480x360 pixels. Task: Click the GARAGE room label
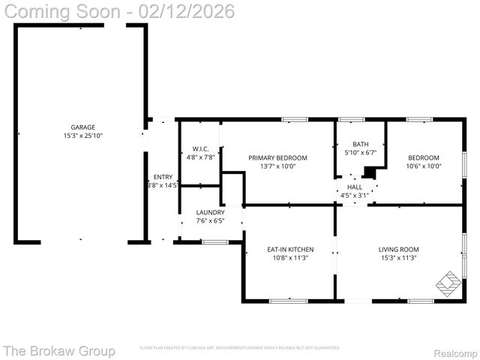coord(82,127)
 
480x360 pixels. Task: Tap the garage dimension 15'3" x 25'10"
coord(82,136)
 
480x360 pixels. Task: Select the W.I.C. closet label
coord(199,148)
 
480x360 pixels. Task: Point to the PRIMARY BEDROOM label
coord(277,157)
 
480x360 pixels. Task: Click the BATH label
coord(361,144)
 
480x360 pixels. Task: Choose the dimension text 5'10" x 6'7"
coord(361,152)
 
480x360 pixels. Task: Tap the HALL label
coord(355,187)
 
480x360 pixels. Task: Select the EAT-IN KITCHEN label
coord(290,249)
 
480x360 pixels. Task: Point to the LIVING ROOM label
coord(398,249)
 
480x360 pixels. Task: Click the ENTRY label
coord(163,177)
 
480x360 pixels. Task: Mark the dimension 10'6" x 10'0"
coord(424,166)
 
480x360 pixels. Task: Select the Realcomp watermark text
coord(455,352)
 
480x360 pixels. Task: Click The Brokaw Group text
coord(59,351)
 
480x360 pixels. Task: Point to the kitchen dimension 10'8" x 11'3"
coord(290,257)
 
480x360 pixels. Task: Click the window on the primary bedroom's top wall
coord(295,119)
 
